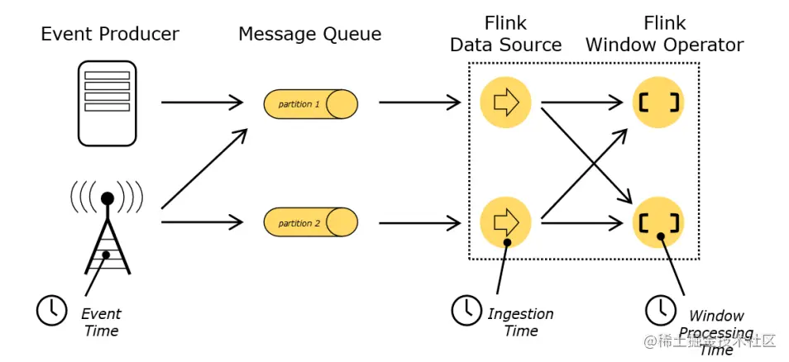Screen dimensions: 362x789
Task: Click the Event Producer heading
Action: (x=110, y=35)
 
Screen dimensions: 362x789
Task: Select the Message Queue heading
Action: (x=310, y=35)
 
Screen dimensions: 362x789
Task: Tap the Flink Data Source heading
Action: (x=505, y=34)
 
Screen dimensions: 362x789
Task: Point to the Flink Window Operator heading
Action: (x=664, y=34)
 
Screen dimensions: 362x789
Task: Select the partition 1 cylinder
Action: (x=310, y=104)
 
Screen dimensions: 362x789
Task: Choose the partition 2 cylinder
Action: (x=310, y=222)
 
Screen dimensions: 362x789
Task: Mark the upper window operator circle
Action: (x=659, y=102)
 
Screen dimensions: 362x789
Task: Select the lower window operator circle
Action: (x=659, y=221)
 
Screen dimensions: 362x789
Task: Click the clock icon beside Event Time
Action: (x=51, y=309)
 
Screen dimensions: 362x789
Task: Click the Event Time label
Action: (x=101, y=322)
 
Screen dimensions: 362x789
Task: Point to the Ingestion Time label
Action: (x=520, y=322)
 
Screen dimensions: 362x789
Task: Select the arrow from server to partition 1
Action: (x=202, y=103)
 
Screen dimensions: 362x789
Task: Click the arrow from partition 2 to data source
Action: (x=418, y=221)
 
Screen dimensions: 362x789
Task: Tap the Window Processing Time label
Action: (x=716, y=332)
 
